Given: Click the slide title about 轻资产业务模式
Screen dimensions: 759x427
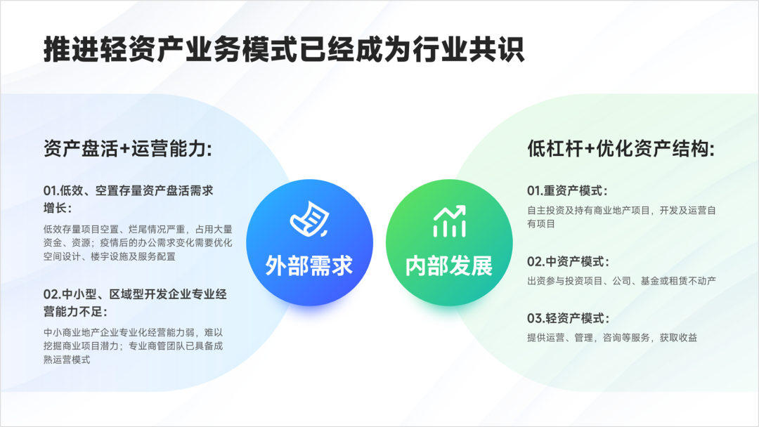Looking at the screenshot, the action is pyautogui.click(x=284, y=49).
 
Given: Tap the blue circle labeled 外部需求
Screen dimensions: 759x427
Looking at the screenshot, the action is pyautogui.click(x=309, y=242).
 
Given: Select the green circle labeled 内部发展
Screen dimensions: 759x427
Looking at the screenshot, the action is pyautogui.click(x=449, y=242).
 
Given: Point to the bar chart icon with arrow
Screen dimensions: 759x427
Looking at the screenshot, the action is pyautogui.click(x=449, y=221).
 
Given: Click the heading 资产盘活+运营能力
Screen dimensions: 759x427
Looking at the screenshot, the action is pyautogui.click(x=128, y=148).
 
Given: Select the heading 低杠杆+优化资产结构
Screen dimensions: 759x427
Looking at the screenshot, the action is pyautogui.click(x=621, y=148).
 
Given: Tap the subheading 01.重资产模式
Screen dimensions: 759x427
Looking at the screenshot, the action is pyautogui.click(x=567, y=190).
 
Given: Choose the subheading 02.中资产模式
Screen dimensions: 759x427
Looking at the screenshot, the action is pyautogui.click(x=568, y=262).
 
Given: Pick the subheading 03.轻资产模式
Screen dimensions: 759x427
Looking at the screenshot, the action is pyautogui.click(x=568, y=318).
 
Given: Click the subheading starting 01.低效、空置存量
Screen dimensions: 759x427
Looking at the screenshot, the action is pyautogui.click(x=129, y=199).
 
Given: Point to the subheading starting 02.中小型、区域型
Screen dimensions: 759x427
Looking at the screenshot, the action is pyautogui.click(x=135, y=303).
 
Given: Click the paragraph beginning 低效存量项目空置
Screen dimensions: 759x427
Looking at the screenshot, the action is pyautogui.click(x=138, y=243).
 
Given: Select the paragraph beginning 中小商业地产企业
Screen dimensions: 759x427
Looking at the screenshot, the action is pyautogui.click(x=133, y=346).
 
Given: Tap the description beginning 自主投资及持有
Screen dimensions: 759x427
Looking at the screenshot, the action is pyautogui.click(x=621, y=217).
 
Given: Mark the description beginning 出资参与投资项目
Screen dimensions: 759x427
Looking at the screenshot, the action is pyautogui.click(x=621, y=281).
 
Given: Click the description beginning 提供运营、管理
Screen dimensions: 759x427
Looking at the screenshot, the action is pyautogui.click(x=612, y=338).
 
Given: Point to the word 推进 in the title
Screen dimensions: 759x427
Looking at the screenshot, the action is pyautogui.click(x=72, y=49).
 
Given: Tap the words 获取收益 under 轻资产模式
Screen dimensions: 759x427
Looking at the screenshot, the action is pyautogui.click(x=679, y=338).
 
